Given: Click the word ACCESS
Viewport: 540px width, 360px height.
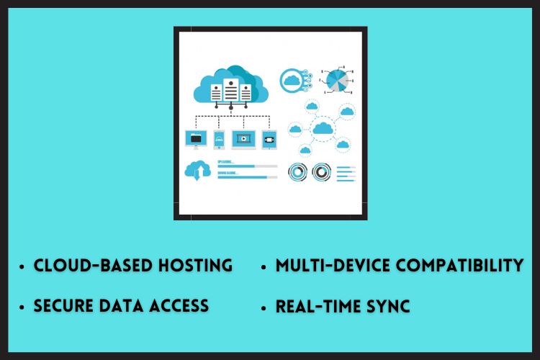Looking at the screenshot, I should coord(179,305).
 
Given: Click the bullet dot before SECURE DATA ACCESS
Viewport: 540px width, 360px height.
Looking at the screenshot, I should coord(24,307).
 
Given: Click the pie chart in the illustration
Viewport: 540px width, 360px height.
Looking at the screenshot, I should coord(337,81).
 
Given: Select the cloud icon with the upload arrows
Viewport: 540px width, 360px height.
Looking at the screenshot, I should coord(197,170).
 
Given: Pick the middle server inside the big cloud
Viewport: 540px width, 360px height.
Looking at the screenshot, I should coord(230,91).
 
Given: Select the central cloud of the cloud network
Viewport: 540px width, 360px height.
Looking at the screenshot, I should coord(323,129).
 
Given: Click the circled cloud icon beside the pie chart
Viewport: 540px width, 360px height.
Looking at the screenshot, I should coord(292,80).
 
